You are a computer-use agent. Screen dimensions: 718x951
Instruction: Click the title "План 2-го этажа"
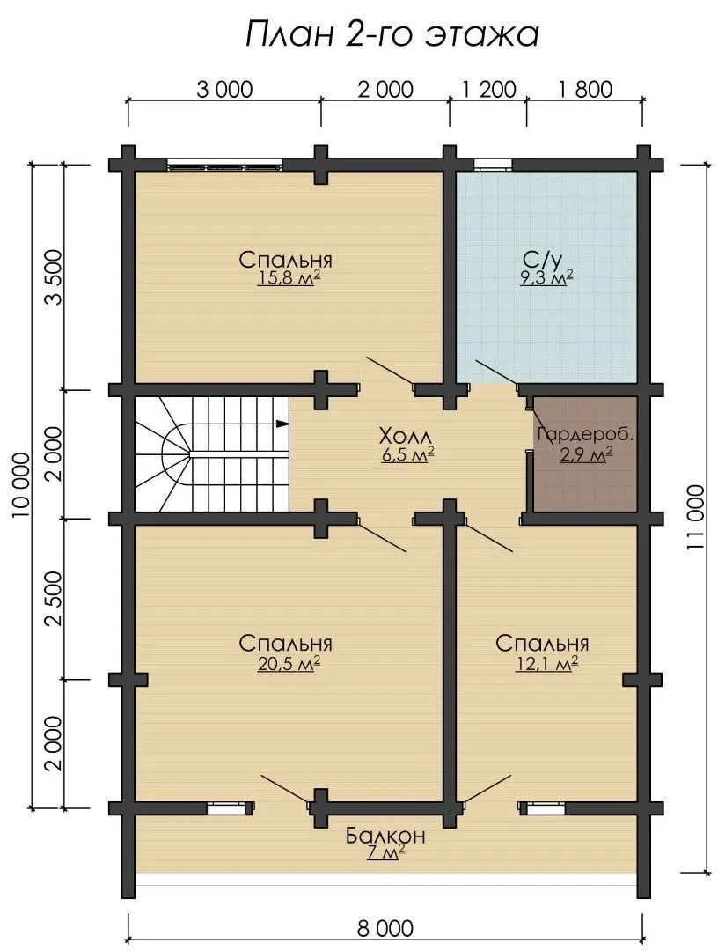click(392, 34)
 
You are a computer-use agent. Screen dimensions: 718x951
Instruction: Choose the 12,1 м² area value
click(546, 664)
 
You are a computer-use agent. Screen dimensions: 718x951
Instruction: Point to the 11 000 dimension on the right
click(696, 516)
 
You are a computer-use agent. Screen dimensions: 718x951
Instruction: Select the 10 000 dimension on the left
click(21, 484)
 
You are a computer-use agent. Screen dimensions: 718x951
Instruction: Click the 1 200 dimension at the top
click(489, 90)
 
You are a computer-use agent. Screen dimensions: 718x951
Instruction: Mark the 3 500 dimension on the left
click(54, 276)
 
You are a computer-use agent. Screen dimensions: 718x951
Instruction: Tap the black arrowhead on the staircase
click(282, 424)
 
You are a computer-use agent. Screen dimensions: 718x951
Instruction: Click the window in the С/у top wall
click(492, 163)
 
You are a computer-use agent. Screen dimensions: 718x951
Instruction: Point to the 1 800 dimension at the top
click(585, 90)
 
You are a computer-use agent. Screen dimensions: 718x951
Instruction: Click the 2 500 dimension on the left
click(54, 598)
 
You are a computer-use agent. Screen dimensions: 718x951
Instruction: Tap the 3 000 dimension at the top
click(224, 90)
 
